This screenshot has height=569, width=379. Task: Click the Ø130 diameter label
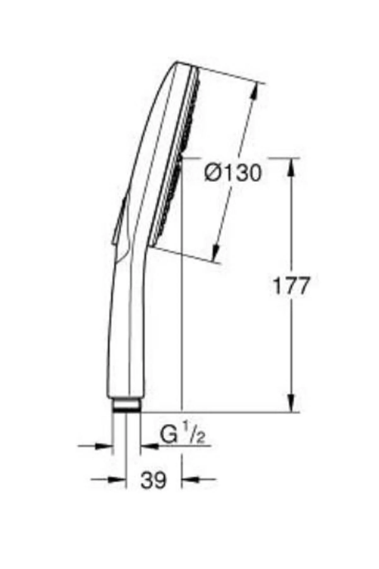click(x=233, y=173)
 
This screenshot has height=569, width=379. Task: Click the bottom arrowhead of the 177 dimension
click(x=291, y=403)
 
